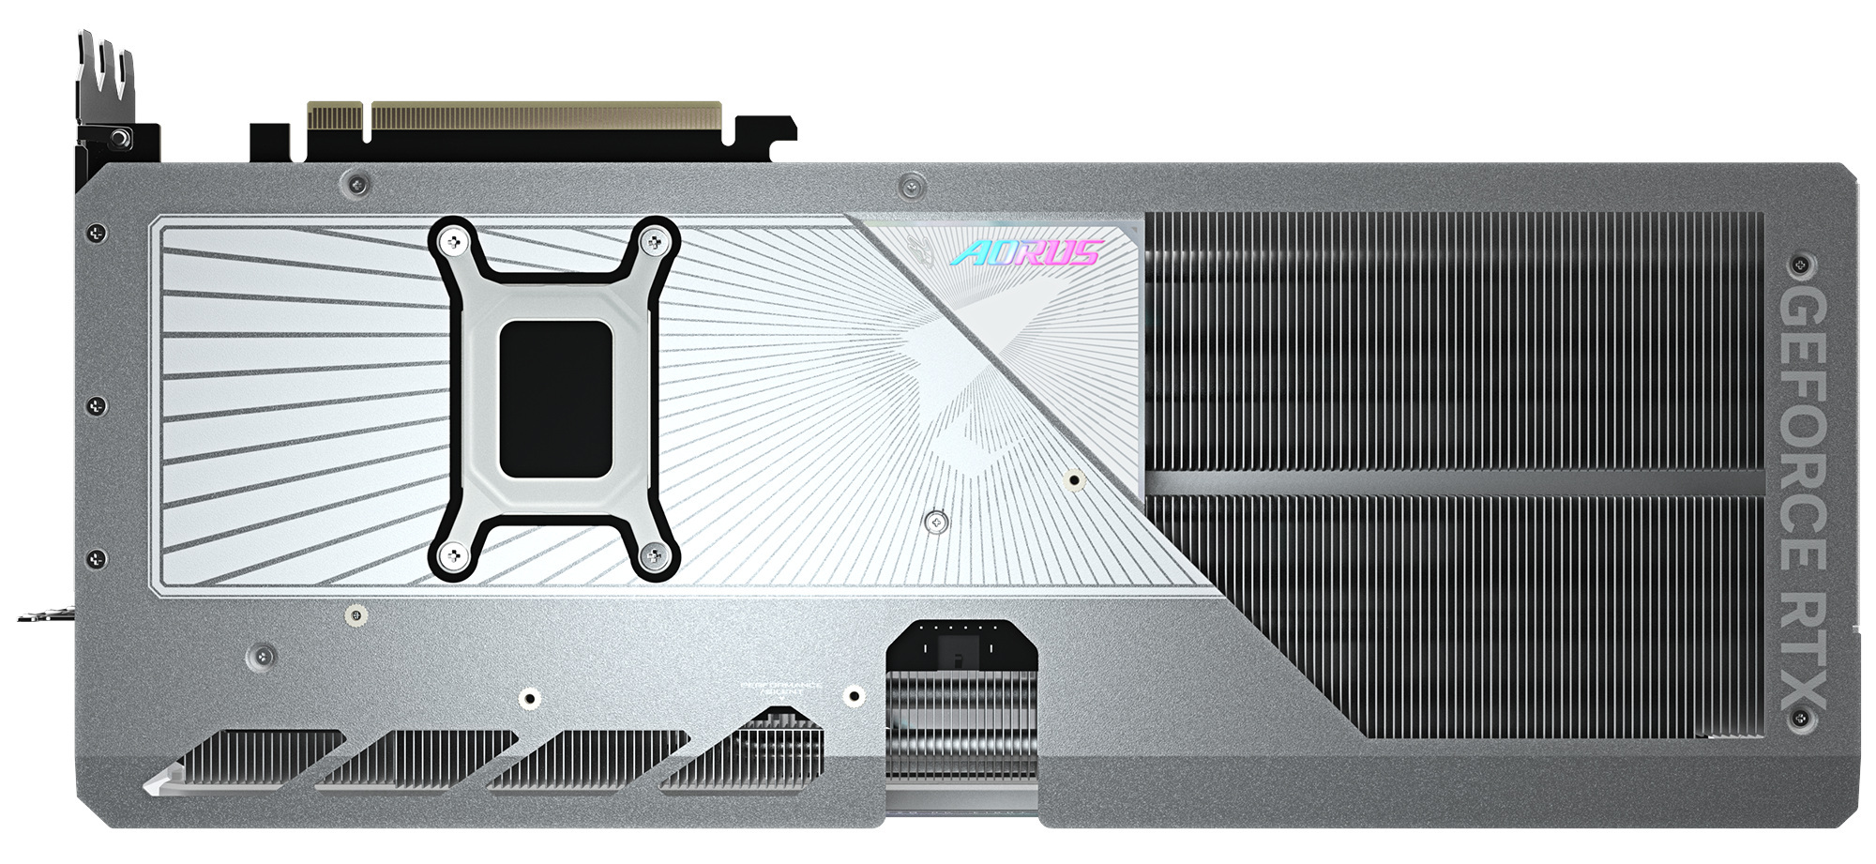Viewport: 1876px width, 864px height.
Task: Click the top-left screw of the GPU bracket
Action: (454, 242)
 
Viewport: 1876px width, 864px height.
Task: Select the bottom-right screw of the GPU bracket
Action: (653, 556)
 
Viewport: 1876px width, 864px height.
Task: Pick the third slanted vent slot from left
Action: (589, 761)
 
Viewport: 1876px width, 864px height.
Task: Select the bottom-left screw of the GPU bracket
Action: (454, 556)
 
